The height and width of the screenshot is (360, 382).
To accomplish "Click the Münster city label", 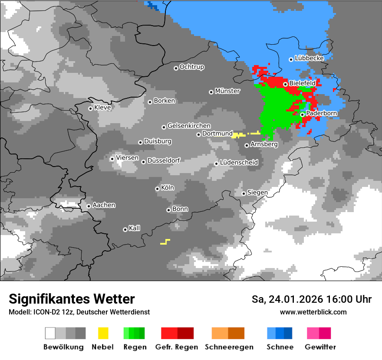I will click(x=227, y=91).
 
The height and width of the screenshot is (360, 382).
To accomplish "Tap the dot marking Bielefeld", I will click(x=285, y=84).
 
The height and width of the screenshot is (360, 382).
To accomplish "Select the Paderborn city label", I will click(x=322, y=114).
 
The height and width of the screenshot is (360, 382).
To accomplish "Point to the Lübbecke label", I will click(x=309, y=58).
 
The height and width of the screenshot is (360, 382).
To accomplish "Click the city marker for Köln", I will click(x=157, y=189).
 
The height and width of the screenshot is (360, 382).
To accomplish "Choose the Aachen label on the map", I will click(x=104, y=205).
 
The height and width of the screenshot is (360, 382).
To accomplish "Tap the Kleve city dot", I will click(x=90, y=108).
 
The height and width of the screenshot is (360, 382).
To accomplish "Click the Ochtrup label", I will click(x=192, y=67).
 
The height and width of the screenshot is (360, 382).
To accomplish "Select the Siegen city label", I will click(x=257, y=193).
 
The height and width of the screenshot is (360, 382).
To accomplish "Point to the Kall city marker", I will click(x=125, y=229).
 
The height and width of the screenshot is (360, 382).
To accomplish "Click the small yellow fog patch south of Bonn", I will click(x=165, y=242).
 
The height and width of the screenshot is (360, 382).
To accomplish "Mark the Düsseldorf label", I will click(x=164, y=160).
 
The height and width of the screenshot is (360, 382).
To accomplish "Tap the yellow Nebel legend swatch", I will click(x=103, y=333).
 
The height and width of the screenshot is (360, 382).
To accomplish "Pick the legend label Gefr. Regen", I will click(x=177, y=347).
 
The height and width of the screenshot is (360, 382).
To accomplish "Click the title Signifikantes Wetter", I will click(x=72, y=299).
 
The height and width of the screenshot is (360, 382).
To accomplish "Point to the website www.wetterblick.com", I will click(x=313, y=312).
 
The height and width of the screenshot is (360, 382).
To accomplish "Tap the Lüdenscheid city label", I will click(x=239, y=163).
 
